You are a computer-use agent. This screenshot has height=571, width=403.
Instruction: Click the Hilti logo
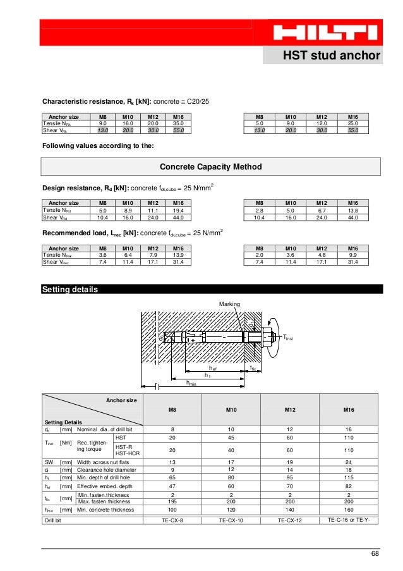point(326,33)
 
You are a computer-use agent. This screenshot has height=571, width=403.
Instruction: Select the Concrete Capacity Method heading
point(210,167)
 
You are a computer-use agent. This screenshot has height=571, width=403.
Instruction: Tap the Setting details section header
point(69,290)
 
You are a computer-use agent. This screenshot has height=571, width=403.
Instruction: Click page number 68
point(375,554)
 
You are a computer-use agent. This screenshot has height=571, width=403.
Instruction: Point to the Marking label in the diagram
point(229,304)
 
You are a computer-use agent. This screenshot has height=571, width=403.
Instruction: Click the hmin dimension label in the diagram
point(191,383)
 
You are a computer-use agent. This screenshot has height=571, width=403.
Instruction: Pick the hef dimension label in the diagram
point(213,367)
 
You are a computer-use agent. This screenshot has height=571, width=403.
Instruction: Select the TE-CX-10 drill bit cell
point(232,520)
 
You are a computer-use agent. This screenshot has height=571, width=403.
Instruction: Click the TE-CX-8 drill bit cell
point(172,520)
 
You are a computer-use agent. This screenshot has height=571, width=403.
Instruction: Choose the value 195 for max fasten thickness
point(172,501)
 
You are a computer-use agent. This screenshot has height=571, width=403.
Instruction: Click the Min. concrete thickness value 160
point(349,510)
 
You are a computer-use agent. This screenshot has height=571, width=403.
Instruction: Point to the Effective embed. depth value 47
point(172,486)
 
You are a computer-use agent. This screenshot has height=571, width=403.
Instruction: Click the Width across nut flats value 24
point(349,462)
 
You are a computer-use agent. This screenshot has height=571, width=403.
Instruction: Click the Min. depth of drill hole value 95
point(291,478)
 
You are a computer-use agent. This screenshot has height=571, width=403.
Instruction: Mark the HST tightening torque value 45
point(232,438)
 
